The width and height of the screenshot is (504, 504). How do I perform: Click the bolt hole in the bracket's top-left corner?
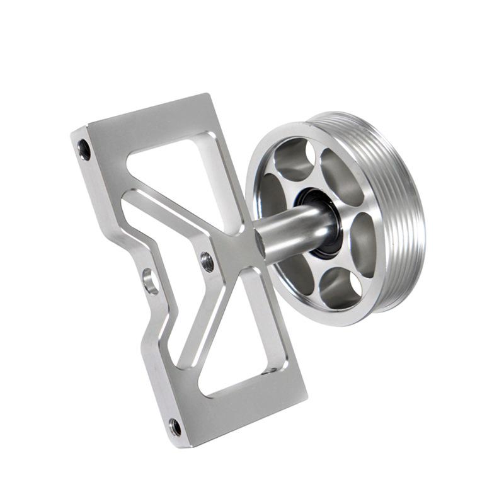(x=84, y=149)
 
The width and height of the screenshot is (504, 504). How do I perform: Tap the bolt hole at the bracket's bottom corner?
(x=176, y=427)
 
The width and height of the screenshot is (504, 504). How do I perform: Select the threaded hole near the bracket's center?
(x=207, y=261)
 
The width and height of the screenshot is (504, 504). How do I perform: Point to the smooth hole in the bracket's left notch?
(x=151, y=281)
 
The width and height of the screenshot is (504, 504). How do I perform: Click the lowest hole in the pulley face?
(x=340, y=287)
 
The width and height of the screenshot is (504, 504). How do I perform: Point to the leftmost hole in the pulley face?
(x=271, y=195)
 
